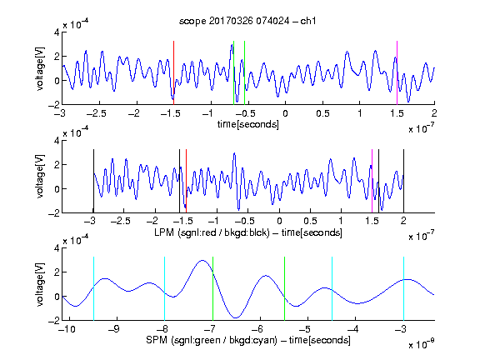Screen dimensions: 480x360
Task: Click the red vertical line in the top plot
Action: click(x=173, y=72)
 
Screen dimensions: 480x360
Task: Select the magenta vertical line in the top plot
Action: click(x=397, y=72)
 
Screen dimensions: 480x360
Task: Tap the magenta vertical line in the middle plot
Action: click(x=372, y=181)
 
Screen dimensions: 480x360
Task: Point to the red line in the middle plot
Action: click(x=186, y=181)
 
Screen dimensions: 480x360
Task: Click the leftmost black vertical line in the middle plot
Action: click(x=93, y=181)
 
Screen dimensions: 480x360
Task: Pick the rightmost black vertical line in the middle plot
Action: click(x=403, y=181)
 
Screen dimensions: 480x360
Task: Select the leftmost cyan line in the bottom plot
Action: click(x=93, y=288)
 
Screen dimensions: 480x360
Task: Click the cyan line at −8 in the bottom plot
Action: click(x=165, y=288)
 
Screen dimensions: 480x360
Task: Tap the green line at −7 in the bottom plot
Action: click(x=212, y=288)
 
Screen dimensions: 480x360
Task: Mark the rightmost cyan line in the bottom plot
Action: click(x=403, y=288)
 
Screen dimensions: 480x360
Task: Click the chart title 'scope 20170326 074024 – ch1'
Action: click(x=247, y=21)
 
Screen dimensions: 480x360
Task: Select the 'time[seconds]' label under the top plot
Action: click(x=248, y=124)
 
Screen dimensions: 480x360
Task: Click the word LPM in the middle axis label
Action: click(x=164, y=232)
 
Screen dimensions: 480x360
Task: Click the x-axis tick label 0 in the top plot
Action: click(x=285, y=113)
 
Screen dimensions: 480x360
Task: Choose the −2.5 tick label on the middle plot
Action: click(x=121, y=221)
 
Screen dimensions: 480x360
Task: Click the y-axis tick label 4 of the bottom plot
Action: click(x=57, y=248)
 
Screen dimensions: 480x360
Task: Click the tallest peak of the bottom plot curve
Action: click(x=202, y=261)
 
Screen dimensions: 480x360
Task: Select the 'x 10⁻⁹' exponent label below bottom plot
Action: click(x=422, y=344)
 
